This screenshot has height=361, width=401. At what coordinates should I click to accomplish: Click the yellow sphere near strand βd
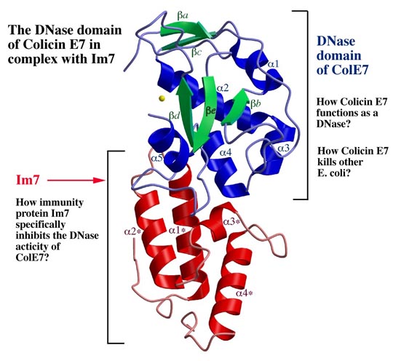[x=162, y=98]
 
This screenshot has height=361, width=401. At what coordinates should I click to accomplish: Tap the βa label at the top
[x=183, y=15]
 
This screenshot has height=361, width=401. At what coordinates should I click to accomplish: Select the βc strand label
[x=197, y=52]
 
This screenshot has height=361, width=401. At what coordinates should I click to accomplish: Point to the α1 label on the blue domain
[x=273, y=64]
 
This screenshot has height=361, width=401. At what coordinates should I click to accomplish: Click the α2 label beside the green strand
[x=223, y=88]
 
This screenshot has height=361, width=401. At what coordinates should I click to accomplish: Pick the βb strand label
[x=256, y=103]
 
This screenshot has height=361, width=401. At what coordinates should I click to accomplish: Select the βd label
[x=173, y=116]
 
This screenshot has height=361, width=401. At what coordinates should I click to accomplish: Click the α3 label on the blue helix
[x=284, y=148]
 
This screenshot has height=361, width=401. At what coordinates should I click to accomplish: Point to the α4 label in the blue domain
[x=226, y=153]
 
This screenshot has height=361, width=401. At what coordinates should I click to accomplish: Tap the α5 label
[x=156, y=158]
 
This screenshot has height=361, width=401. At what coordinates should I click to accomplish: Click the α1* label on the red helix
[x=177, y=230]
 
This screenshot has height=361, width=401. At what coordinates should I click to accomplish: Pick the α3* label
[x=232, y=221]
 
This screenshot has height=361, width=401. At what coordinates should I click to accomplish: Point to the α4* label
[x=245, y=293]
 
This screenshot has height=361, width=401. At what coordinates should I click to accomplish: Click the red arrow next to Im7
[x=76, y=180]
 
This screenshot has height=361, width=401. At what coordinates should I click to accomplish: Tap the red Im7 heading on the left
[x=28, y=180]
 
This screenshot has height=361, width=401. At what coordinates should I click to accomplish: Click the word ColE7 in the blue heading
[x=343, y=70]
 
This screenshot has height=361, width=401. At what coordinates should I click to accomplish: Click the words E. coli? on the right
[x=334, y=173]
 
